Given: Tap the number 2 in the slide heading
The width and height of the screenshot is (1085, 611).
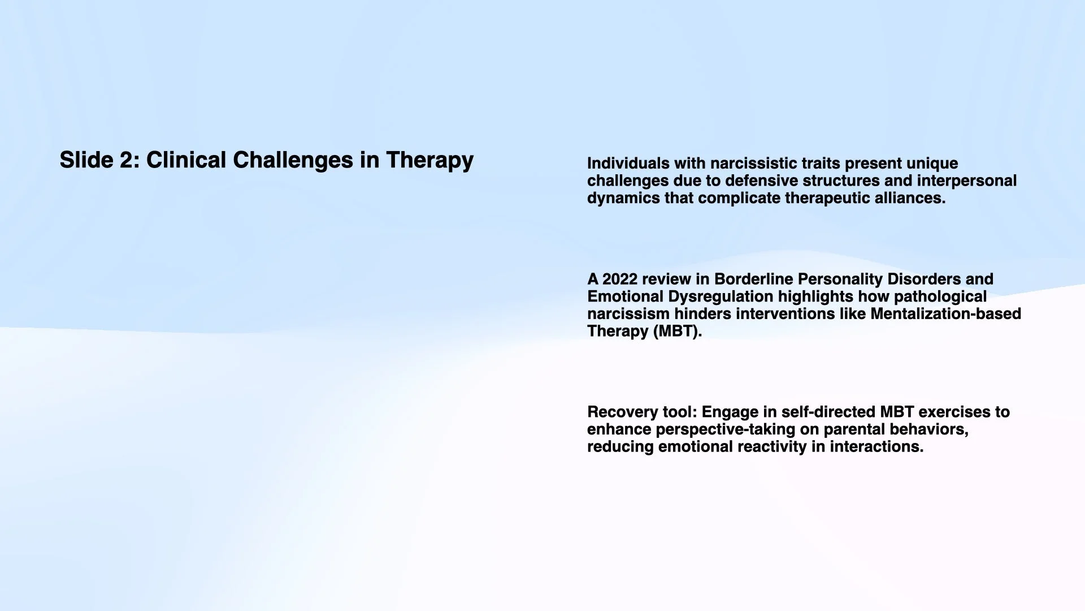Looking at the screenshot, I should (x=125, y=160).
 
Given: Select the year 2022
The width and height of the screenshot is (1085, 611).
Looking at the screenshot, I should (x=620, y=279).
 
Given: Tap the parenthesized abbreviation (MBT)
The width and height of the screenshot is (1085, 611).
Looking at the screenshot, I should (x=677, y=332).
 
